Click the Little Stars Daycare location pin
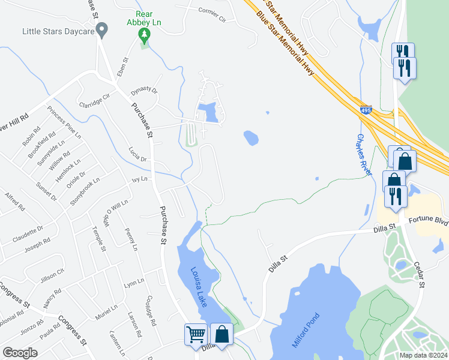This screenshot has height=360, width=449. (x=102, y=29)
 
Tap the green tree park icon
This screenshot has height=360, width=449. (x=143, y=37)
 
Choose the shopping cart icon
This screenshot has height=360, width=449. (x=196, y=335)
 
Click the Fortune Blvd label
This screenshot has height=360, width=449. (x=429, y=221)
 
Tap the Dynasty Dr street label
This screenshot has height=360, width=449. (x=143, y=91)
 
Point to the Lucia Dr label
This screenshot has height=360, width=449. (x=137, y=154)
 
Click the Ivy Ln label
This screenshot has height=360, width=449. (x=139, y=179)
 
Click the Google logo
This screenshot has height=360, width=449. (x=20, y=353)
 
